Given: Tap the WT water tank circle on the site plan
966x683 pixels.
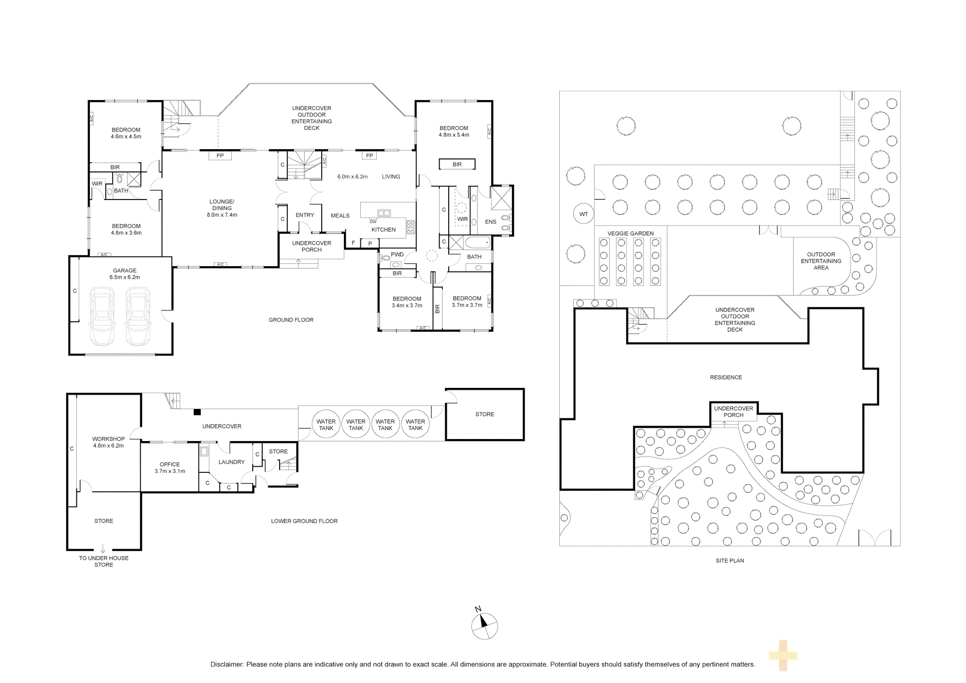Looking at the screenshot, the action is tap(583, 214).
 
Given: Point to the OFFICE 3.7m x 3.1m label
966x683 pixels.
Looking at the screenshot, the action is tap(170, 468).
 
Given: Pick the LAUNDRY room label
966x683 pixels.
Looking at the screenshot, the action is tap(231, 462).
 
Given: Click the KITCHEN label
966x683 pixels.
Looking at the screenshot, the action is tap(384, 229).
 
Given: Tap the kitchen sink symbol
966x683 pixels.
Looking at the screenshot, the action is tap(384, 213).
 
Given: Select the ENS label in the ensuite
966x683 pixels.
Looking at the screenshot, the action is tap(490, 222).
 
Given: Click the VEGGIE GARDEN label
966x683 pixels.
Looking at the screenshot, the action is tap(630, 233).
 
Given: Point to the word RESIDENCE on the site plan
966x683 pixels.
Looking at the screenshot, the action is tap(726, 377).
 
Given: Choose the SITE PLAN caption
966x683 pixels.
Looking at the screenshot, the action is tap(730, 561).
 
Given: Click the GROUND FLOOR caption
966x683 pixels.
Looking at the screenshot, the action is tap(291, 320).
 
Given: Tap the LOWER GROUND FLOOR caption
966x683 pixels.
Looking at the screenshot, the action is tap(304, 521).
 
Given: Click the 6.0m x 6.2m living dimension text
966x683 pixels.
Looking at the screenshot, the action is tap(352, 177).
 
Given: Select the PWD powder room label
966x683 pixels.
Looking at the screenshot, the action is tap(397, 255).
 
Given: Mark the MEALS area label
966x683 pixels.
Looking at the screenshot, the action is tap(340, 215).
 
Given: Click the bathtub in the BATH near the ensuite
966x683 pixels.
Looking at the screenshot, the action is tap(477, 242).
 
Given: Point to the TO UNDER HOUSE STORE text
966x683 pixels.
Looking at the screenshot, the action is tap(104, 561).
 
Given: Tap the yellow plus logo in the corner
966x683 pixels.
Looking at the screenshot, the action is tap(782, 655).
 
